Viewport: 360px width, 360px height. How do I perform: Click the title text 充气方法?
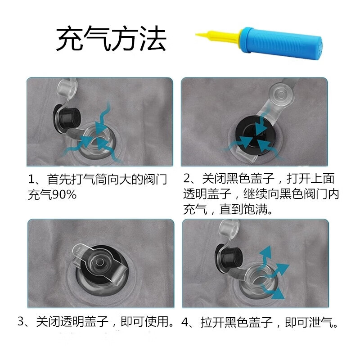tap(111, 39)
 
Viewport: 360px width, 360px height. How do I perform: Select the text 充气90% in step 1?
tap(52, 195)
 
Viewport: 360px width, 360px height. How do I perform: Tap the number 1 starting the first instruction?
tap(31, 180)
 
